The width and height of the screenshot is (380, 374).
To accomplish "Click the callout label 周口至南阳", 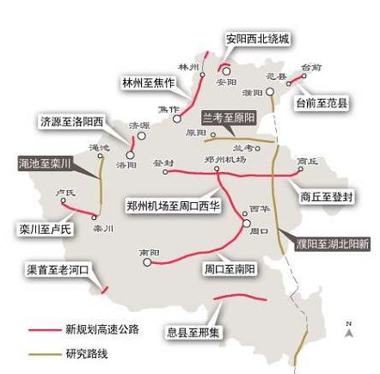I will coord(230,269).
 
